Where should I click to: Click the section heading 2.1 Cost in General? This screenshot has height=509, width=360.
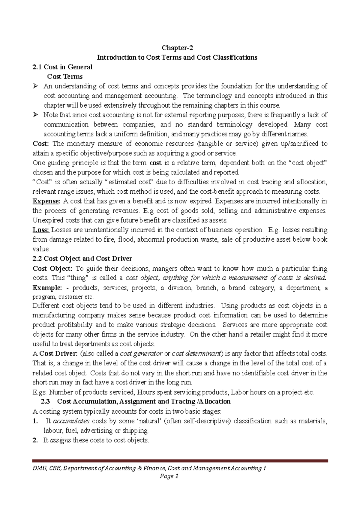(62, 67)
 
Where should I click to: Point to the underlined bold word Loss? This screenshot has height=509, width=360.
(41, 230)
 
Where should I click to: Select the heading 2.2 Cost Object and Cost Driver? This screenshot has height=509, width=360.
(82, 258)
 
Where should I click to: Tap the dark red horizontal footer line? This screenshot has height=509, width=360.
(180, 461)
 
